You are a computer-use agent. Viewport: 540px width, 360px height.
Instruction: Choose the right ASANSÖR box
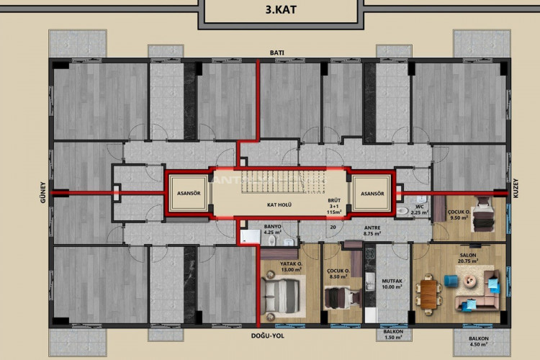point(372,194)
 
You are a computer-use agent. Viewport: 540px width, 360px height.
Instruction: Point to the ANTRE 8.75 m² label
point(372,230)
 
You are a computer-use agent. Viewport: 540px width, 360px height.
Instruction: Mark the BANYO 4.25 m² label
point(272,230)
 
